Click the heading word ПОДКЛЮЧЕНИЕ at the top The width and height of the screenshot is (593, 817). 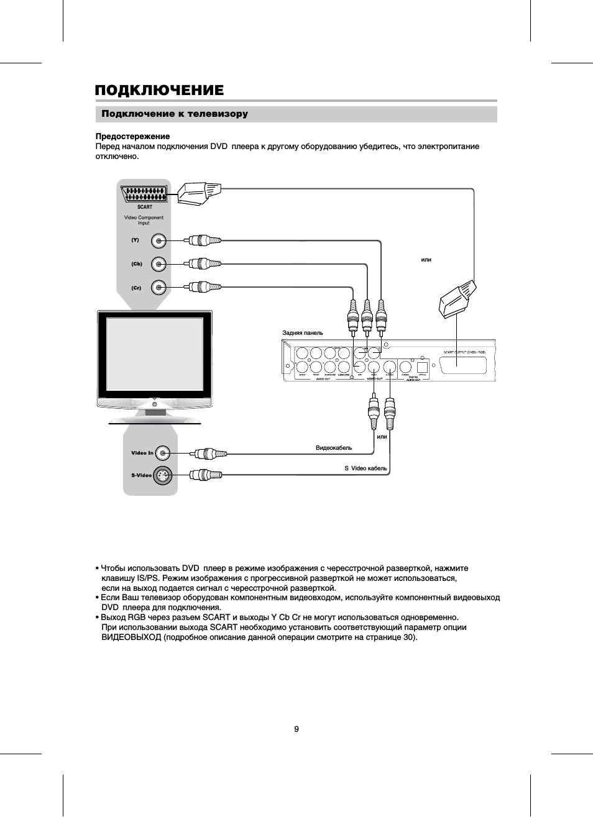pos(159,91)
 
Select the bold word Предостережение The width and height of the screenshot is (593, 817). pos(132,136)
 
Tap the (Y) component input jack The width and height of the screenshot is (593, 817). pos(160,240)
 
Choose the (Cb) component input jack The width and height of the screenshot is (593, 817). pos(160,264)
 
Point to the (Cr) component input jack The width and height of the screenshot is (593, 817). pos(160,287)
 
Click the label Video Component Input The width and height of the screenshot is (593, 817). pos(144,220)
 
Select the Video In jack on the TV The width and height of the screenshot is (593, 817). pos(162,453)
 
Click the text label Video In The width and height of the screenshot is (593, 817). pos(142,453)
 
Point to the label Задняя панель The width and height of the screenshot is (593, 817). pos(303,333)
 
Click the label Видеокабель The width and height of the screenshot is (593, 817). pos(334,448)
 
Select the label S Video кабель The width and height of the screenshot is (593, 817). pos(365,468)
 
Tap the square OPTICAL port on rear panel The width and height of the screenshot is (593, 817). pos(423,366)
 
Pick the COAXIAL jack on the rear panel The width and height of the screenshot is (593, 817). pos(406,366)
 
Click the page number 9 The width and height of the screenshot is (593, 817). pos(296,729)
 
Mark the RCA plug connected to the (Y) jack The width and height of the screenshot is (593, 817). pos(203,240)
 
